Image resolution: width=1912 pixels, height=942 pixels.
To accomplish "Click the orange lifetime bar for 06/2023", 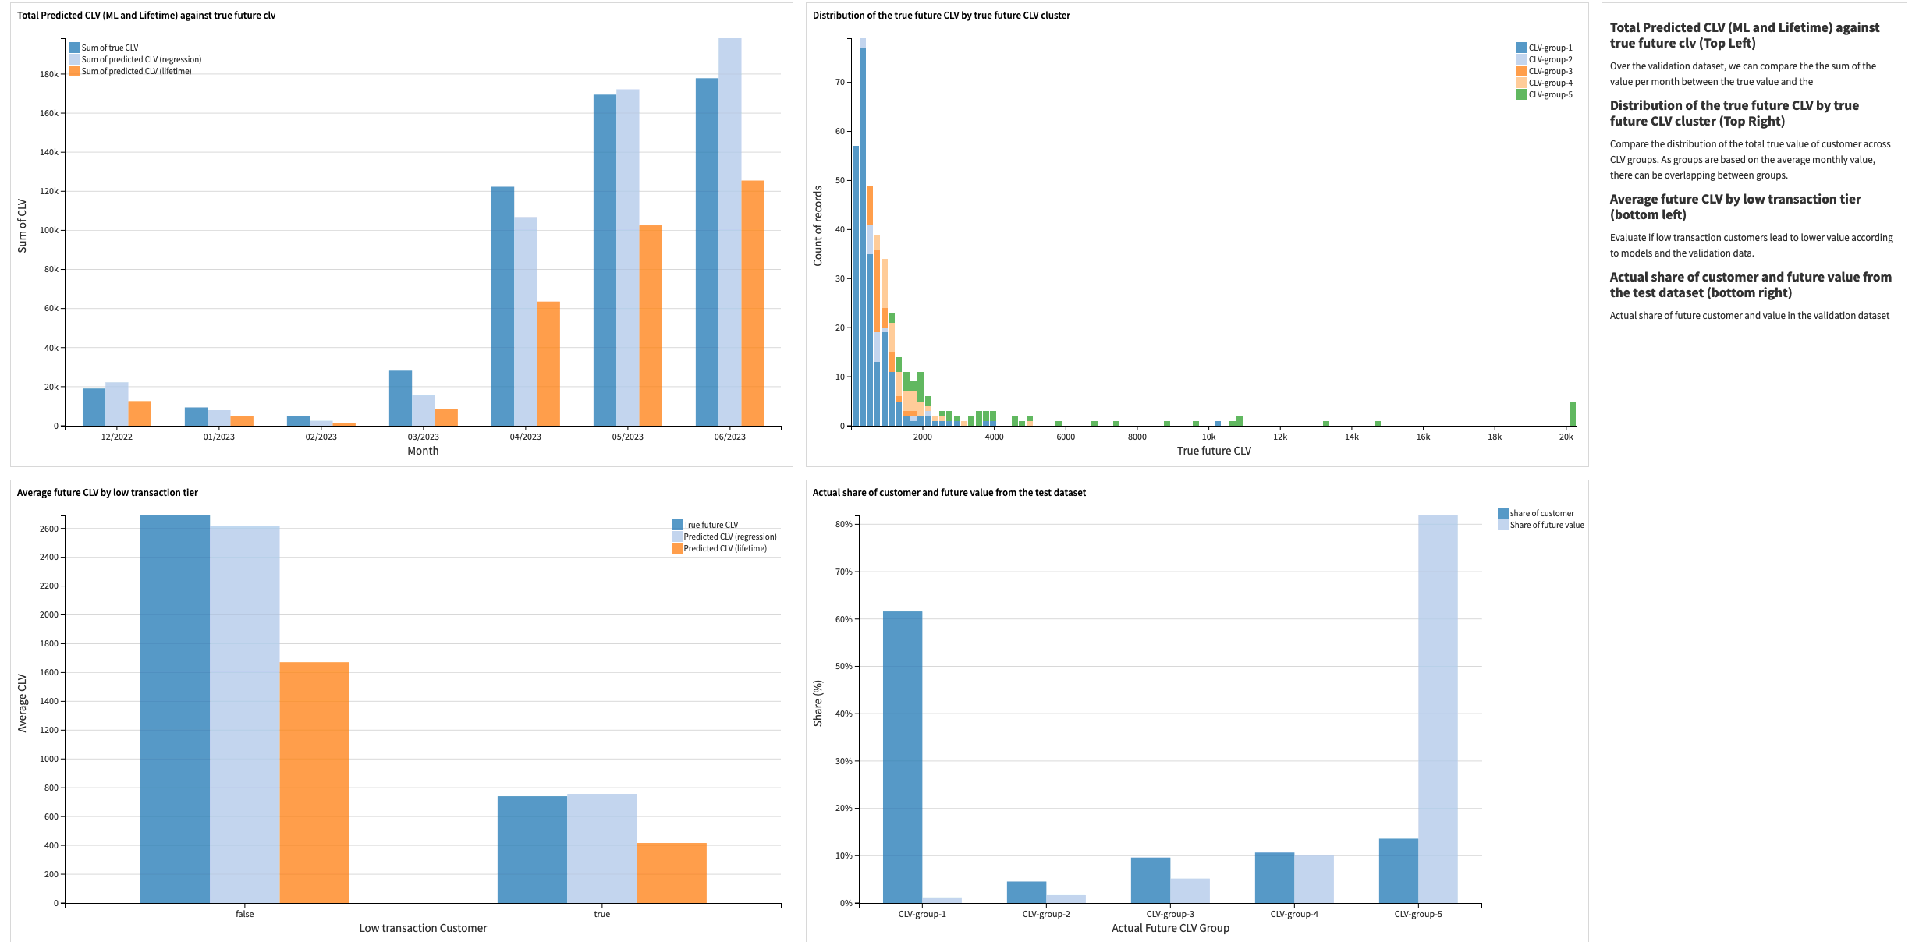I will (752, 304).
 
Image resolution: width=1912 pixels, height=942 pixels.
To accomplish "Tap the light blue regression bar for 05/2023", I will (627, 257).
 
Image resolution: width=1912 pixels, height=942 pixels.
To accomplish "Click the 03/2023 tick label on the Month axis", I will (423, 437).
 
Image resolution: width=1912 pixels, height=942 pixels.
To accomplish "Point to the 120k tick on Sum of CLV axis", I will (49, 191).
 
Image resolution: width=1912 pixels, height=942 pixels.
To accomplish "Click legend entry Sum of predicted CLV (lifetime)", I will (137, 71).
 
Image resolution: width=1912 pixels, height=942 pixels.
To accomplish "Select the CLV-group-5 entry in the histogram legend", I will (1549, 94).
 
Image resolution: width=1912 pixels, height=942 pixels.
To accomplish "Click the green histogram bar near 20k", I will (1572, 414).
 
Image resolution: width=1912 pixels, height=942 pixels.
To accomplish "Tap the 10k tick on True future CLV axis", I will (1208, 437).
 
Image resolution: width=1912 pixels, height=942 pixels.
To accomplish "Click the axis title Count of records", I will (818, 226).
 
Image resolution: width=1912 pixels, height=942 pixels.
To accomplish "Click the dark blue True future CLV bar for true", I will (532, 849).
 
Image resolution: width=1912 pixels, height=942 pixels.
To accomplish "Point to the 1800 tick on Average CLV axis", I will (48, 643).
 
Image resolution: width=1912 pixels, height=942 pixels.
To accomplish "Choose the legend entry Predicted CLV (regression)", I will (729, 537).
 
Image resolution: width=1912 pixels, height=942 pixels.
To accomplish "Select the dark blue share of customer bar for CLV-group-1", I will (902, 756).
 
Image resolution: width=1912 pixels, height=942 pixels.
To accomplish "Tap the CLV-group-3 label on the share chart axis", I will (1169, 914).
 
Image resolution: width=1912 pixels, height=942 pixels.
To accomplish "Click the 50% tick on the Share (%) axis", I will (843, 666).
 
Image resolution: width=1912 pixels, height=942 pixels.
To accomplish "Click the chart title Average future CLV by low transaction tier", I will (108, 492).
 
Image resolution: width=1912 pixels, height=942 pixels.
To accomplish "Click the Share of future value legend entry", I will (1546, 525).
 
